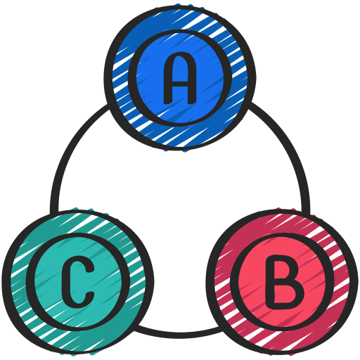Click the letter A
(180, 78)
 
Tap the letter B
(285, 281)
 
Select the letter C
(77, 281)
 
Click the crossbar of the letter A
(180, 85)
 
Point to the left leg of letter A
(167, 89)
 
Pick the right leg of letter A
(192, 89)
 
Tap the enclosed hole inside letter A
(180, 70)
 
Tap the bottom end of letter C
(90, 296)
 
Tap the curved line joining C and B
(179, 334)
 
